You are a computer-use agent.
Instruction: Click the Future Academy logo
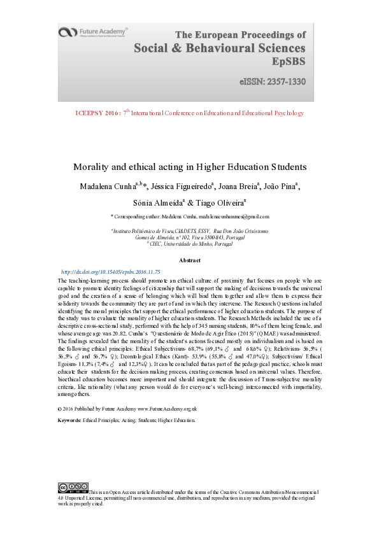[92, 31]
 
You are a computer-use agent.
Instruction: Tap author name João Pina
[281, 186]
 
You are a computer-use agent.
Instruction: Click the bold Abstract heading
[189, 260]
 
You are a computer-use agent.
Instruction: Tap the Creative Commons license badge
[73, 488]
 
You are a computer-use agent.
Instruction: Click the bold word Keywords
[69, 420]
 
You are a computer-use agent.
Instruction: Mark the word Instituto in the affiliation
[125, 231]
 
